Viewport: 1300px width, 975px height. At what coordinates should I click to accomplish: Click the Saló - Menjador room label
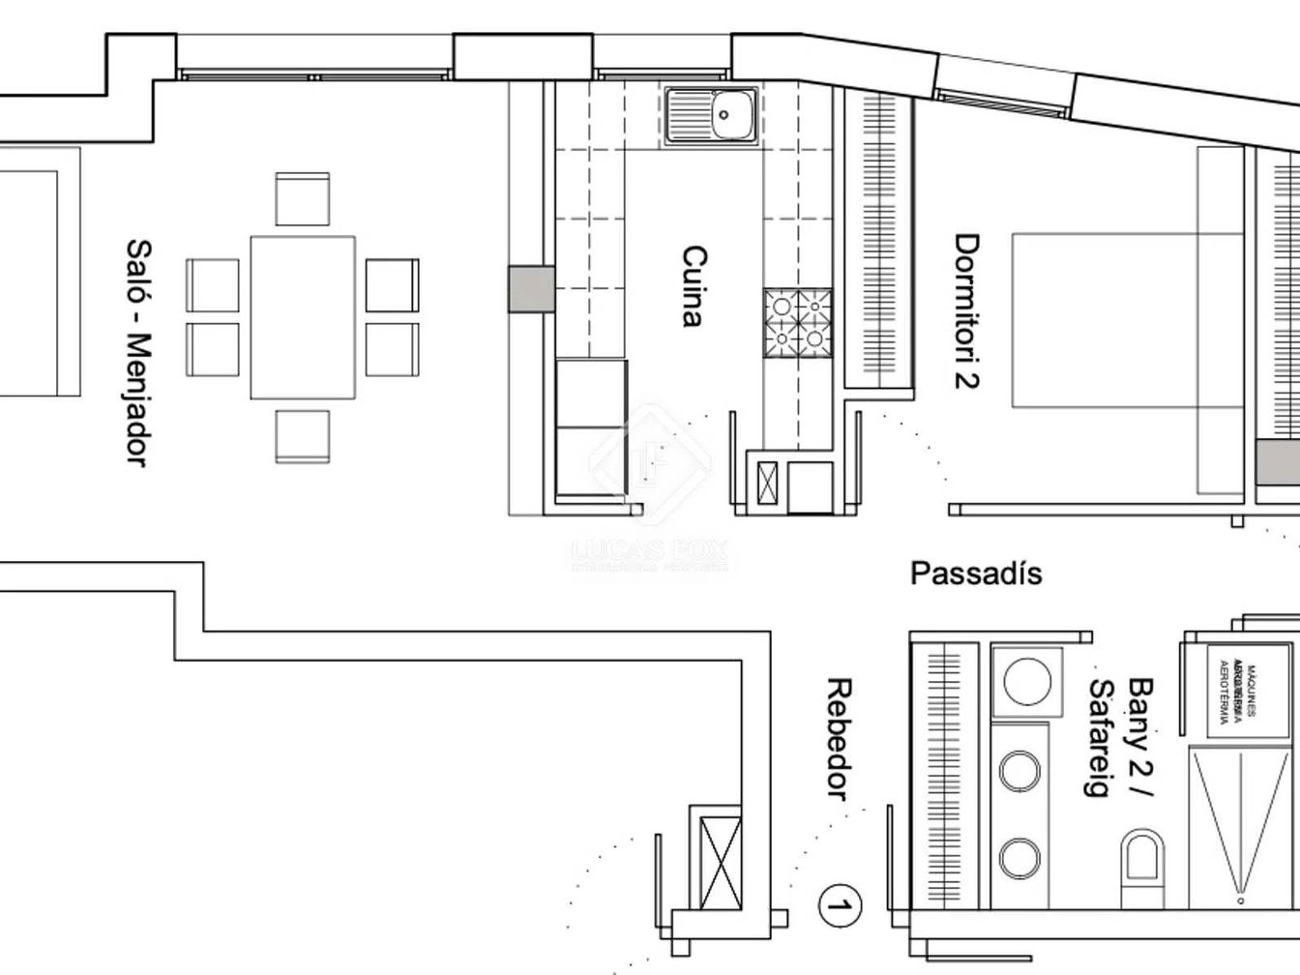138,353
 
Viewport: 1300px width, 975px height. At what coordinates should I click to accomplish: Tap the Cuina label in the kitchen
694,287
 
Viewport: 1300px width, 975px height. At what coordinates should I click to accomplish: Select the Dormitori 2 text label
966,310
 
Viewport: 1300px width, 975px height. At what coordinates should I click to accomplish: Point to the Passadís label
976,574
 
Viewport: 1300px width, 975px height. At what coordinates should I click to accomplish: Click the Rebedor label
839,740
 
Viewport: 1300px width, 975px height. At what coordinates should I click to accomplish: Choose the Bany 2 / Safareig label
1121,738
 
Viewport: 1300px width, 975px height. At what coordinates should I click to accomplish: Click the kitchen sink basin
724,116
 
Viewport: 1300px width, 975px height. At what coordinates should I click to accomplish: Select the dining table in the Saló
302,317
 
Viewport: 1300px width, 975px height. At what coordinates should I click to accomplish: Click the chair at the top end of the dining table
302,199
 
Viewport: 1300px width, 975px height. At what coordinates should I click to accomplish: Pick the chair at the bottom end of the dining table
302,436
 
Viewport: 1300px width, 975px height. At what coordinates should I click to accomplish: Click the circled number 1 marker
840,906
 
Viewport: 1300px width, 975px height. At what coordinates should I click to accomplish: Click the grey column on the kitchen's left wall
531,289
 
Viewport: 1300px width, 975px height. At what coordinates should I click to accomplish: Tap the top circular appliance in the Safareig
1026,681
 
